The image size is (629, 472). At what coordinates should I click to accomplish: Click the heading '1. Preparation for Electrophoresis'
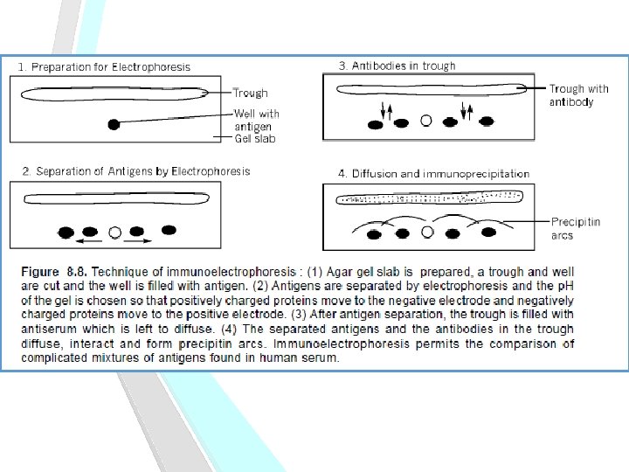point(104,66)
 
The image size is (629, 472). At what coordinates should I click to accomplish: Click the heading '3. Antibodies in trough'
point(397,66)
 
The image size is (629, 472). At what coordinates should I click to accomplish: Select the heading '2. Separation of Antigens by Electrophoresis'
point(136,170)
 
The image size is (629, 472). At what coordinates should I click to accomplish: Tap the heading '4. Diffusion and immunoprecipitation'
point(433,174)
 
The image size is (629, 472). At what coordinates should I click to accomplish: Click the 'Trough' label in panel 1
point(251,93)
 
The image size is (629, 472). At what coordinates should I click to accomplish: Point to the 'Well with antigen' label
point(257,120)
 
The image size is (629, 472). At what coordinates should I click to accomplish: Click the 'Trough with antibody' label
point(578,95)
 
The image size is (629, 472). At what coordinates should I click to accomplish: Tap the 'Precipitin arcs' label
point(576,229)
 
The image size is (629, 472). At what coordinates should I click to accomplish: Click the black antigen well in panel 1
point(113,125)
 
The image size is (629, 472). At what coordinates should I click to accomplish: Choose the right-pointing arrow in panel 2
point(141,239)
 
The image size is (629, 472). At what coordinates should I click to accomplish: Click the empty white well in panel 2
point(114,233)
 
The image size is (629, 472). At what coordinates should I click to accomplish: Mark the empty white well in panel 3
point(425,121)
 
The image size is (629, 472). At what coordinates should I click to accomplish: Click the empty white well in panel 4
point(427,233)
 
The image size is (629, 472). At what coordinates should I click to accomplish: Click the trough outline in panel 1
point(114,91)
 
